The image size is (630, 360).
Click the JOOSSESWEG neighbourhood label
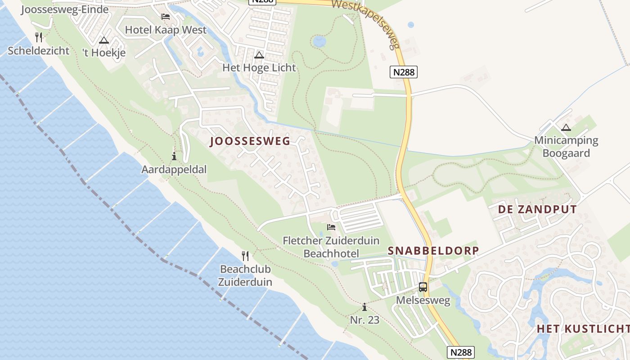pos(250,141)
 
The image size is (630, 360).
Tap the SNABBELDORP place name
pos(433,251)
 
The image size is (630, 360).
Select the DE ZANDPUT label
pos(537,209)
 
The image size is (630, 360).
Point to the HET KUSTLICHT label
pos(583,329)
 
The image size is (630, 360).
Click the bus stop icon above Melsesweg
pos(423,287)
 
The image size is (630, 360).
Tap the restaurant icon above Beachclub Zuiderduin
pos(245,256)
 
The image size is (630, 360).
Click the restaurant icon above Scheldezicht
pos(39,37)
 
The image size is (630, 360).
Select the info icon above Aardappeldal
pos(174,157)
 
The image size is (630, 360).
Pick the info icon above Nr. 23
pos(364,307)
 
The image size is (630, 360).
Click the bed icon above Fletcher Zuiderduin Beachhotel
pos(331,227)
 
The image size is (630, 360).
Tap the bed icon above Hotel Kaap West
pos(166,17)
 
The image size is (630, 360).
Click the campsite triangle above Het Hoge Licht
pos(259,55)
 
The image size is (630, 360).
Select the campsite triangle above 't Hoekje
pos(104,40)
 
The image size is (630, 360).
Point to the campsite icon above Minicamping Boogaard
pos(566,127)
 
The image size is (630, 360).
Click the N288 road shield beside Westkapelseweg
pos(403,72)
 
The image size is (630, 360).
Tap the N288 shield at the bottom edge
pos(461,352)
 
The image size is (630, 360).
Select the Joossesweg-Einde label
pos(65,9)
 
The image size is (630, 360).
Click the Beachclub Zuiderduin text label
pos(245,275)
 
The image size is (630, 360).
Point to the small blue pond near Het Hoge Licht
pos(319,41)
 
